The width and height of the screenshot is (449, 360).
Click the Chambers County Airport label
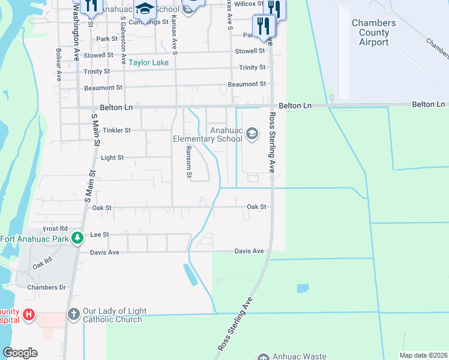click(x=373, y=32)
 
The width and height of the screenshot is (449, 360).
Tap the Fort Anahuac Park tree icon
click(x=77, y=238)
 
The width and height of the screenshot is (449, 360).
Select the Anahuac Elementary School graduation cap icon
click(x=252, y=133)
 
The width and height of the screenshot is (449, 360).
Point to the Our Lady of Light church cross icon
click(x=73, y=314)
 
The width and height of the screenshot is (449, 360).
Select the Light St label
click(x=112, y=158)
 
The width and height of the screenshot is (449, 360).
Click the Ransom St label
click(x=188, y=162)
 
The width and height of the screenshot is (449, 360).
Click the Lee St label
click(x=99, y=235)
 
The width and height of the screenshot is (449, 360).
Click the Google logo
click(x=20, y=353)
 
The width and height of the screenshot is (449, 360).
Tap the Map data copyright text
click(x=424, y=355)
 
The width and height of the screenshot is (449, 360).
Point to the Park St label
click(x=106, y=39)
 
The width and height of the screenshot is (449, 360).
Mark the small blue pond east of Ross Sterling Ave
click(x=303, y=289)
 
